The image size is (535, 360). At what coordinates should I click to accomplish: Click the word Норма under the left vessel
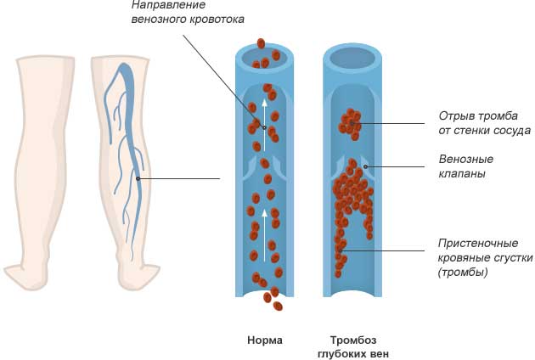pyautogui.click(x=265, y=340)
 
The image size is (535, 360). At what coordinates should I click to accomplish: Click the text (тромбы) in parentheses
pyautogui.click(x=463, y=273)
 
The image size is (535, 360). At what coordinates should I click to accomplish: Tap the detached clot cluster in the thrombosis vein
pyautogui.click(x=350, y=123)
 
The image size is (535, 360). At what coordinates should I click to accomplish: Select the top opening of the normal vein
pyautogui.click(x=265, y=58)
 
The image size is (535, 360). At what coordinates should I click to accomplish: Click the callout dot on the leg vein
pyautogui.click(x=138, y=178)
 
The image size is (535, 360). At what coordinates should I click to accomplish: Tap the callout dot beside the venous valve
pyautogui.click(x=366, y=166)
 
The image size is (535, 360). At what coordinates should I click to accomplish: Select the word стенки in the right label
pyautogui.click(x=470, y=131)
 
